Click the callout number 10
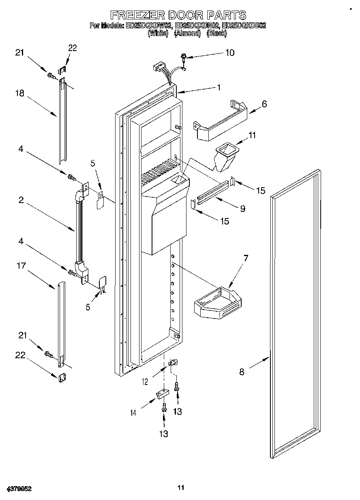229,53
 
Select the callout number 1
219,87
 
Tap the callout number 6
264,104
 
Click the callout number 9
242,209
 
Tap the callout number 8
242,372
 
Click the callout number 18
20,93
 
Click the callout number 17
21,266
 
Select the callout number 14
133,413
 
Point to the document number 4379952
19,489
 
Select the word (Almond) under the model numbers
187,34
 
